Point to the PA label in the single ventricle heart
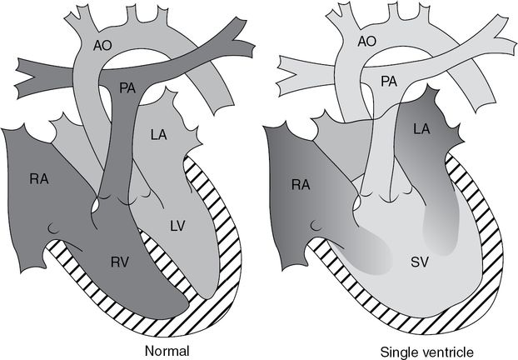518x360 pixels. (389, 82)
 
